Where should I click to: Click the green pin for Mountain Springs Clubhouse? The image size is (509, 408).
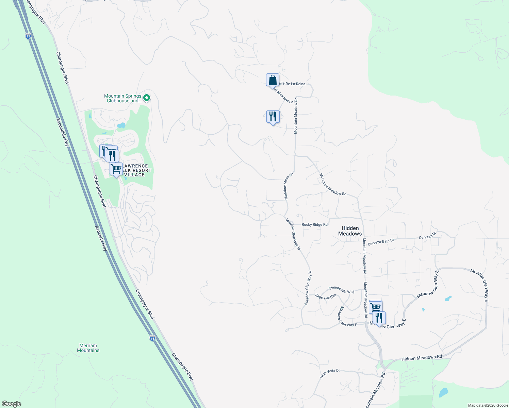(147, 98)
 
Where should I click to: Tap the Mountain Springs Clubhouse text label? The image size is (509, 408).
(122, 98)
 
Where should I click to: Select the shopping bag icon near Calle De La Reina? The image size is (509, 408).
(273, 80)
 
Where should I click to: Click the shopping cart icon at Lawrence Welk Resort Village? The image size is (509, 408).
(116, 169)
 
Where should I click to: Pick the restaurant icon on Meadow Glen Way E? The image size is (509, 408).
(379, 318)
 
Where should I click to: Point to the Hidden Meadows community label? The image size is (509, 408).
(350, 231)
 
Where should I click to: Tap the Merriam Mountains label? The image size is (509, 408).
(88, 348)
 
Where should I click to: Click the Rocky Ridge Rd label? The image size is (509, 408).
(314, 224)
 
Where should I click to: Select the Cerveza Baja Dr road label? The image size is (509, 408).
(381, 242)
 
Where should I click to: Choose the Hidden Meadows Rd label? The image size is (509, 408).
(422, 358)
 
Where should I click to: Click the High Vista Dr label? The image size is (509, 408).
(330, 373)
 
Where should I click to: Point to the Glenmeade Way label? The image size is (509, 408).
(341, 290)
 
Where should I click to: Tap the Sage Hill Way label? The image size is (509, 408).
(326, 297)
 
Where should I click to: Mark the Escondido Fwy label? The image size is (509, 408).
(63, 133)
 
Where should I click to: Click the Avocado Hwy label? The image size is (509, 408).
(101, 238)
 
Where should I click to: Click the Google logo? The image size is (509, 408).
(12, 404)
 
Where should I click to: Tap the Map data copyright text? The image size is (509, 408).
(488, 405)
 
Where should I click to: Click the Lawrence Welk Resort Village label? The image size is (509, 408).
(135, 170)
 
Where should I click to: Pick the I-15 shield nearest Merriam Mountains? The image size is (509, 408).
(152, 338)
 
